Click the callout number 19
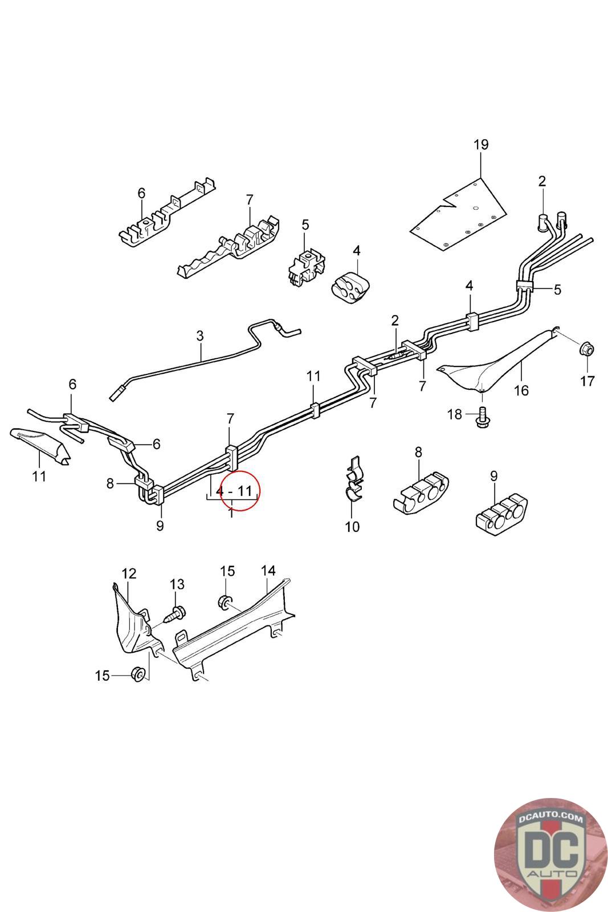pos(480,145)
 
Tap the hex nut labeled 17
pos(586,348)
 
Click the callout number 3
pos(199,336)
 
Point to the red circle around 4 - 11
pos(239,490)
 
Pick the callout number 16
pos(521,390)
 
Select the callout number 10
pos(352,527)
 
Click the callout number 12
pos(129,574)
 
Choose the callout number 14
pos(268,571)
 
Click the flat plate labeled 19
pos(458,213)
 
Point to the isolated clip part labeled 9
pos(502,514)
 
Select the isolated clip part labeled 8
pos(421,492)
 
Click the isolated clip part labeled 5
pos(307,267)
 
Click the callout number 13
pos(177,584)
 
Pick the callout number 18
pos(455,414)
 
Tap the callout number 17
pos(587,381)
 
